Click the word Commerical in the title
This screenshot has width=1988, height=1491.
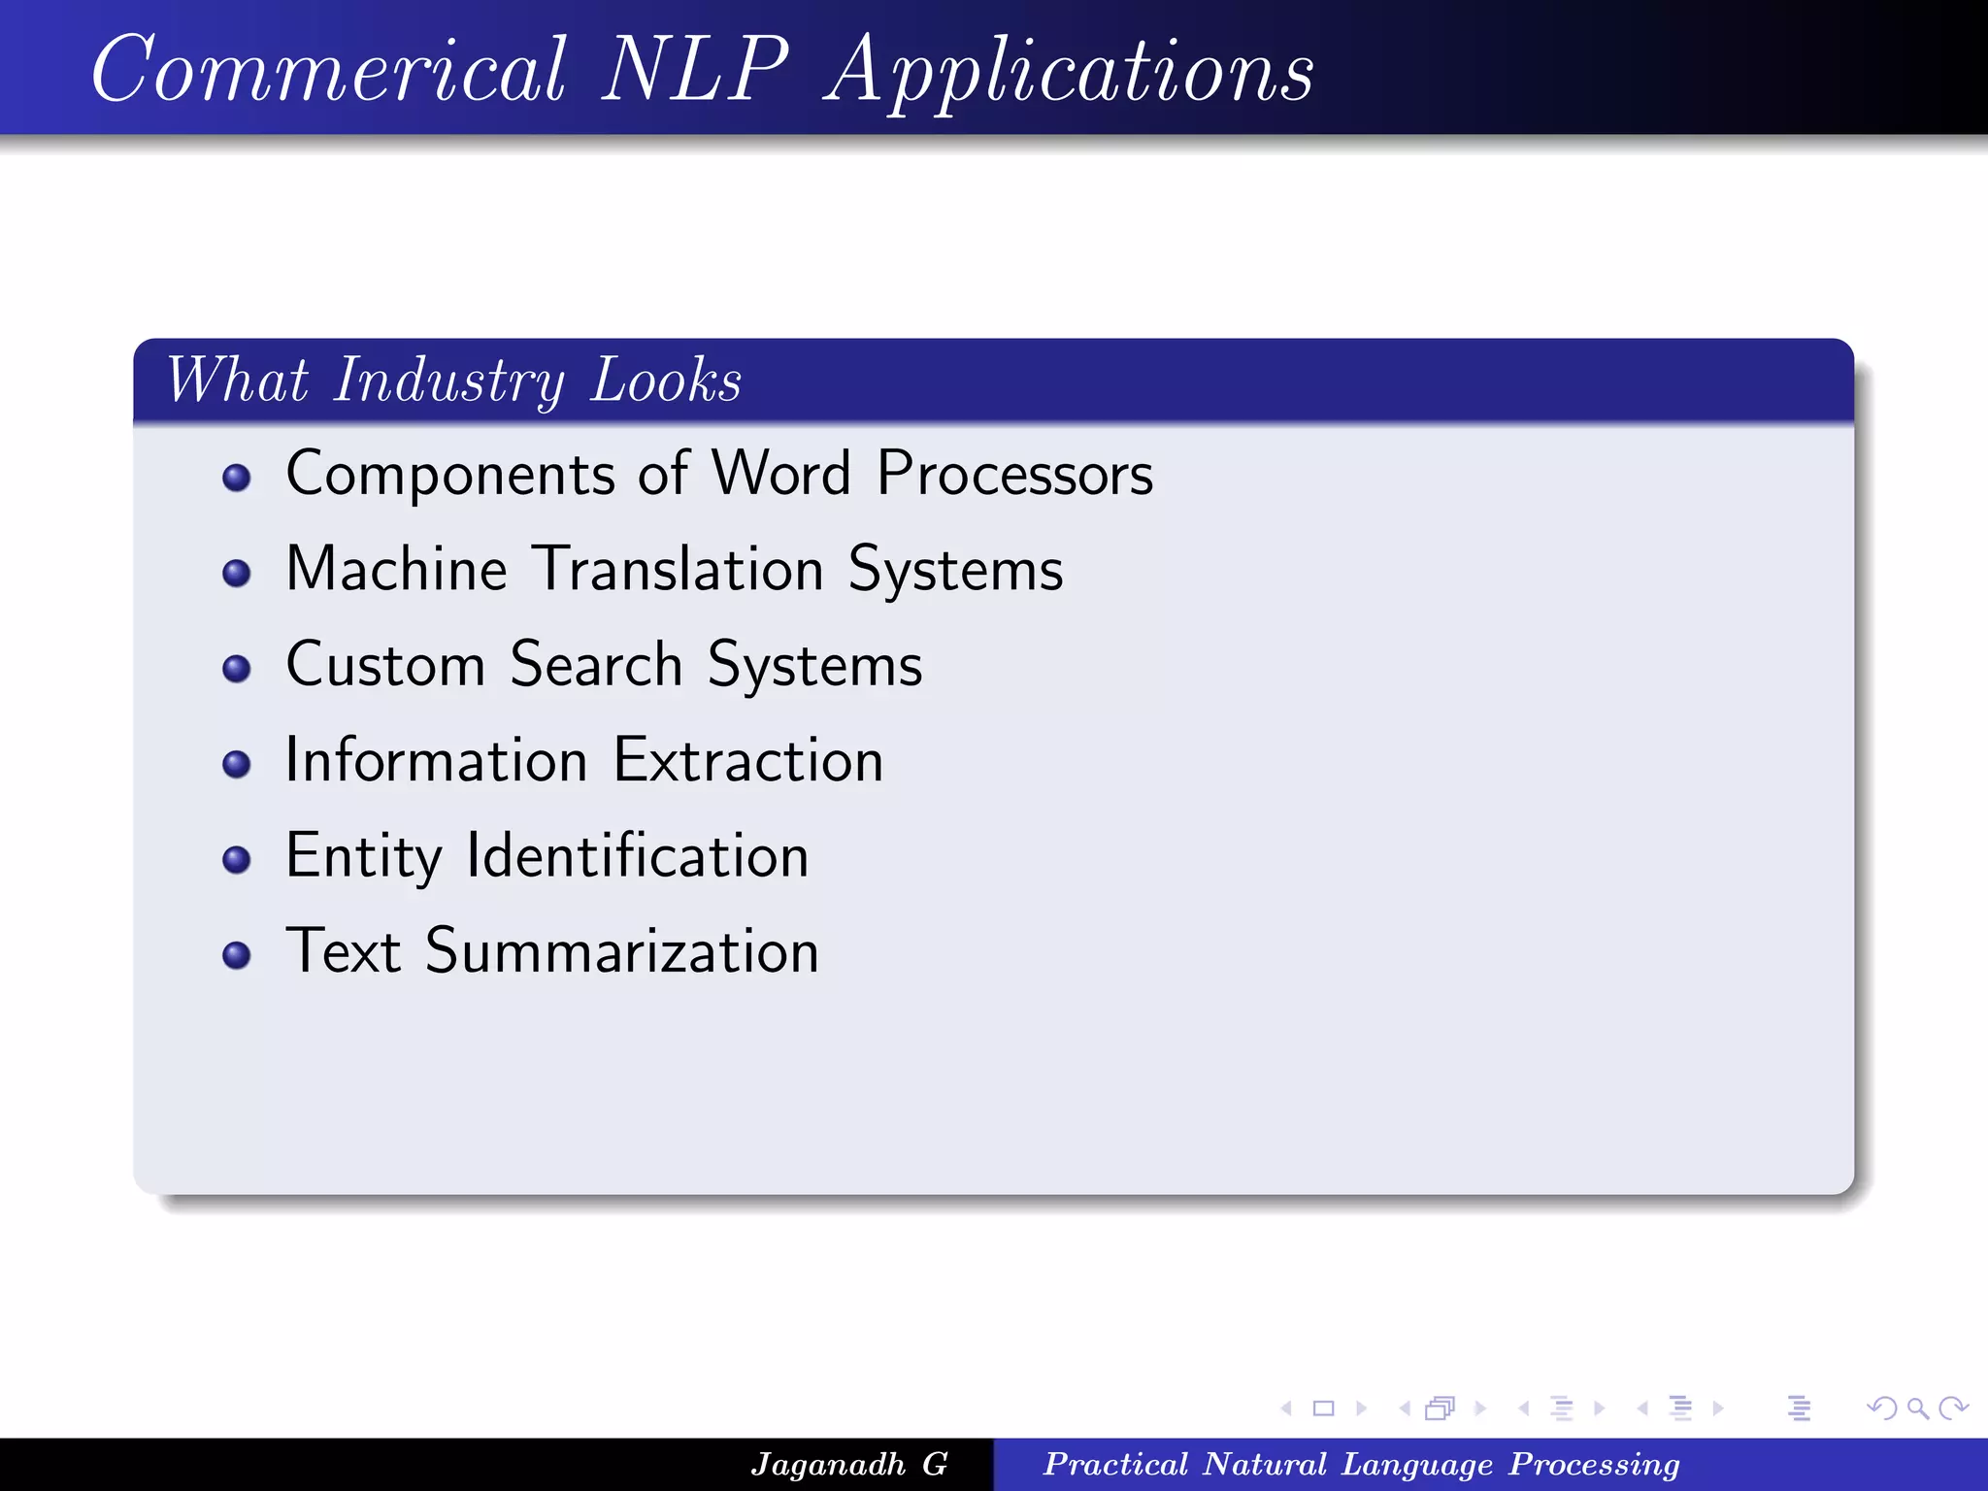pos(328,70)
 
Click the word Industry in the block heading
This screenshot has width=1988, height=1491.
pos(448,381)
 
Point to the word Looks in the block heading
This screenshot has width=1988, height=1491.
pos(666,381)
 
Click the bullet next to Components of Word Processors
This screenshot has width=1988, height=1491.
pos(236,478)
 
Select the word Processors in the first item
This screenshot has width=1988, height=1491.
pos(1014,475)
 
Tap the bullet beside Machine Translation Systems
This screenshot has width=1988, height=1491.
pos(236,573)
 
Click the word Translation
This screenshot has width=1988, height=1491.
pos(679,569)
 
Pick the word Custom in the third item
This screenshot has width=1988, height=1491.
pos(385,665)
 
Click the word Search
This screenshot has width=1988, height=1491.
pos(596,665)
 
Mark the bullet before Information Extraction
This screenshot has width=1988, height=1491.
pos(236,764)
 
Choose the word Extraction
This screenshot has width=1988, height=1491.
pos(748,760)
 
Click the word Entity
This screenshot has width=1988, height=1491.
pos(363,857)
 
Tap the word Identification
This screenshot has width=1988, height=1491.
pos(637,855)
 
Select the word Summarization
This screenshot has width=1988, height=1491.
pos(621,951)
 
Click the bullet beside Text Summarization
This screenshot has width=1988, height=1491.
pos(236,955)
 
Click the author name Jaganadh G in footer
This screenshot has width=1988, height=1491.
pos(849,1464)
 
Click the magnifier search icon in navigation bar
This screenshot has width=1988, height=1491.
pos(1916,1408)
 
